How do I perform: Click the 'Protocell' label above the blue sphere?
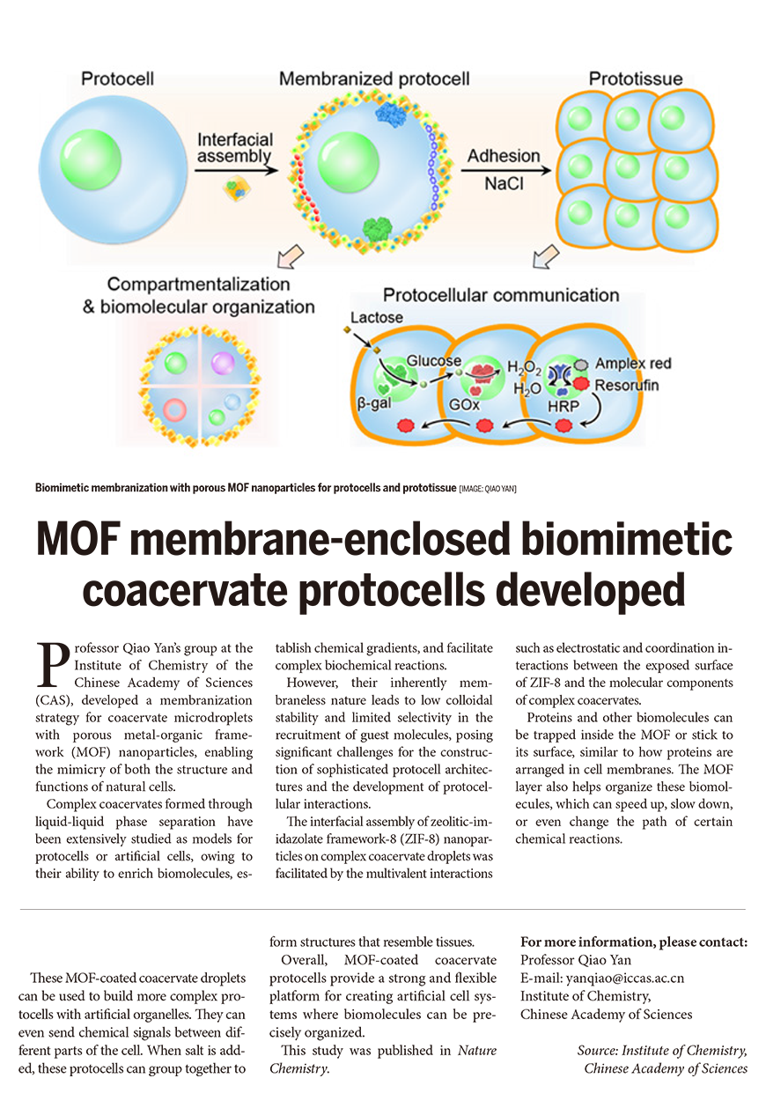coord(117,79)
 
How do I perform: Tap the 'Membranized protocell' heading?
coord(374,79)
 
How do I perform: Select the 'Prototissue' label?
coord(635,79)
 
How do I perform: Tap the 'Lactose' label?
coord(376,317)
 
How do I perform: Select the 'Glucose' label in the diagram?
coord(433,361)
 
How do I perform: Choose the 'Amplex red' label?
coord(632,364)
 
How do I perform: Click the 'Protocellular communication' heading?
coord(501,295)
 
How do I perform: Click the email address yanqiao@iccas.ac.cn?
coord(602,978)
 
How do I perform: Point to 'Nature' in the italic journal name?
coord(477,1051)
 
